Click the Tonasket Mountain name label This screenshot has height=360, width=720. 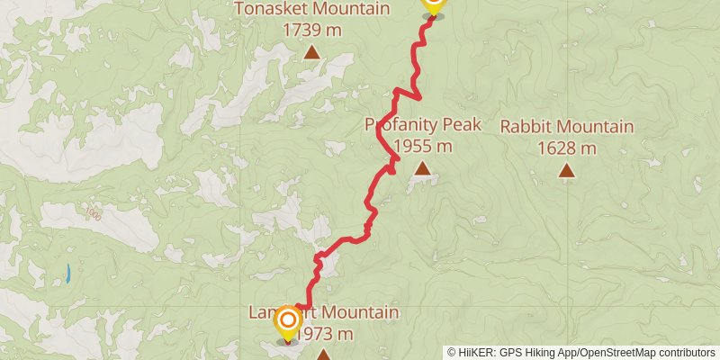tap(311, 9)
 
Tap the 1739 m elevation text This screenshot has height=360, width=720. tap(311, 30)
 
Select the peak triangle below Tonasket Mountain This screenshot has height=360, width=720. tap(311, 52)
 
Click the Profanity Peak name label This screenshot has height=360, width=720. tap(423, 125)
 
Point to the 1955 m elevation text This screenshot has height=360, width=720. tap(423, 146)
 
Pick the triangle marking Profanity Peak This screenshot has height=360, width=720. tap(422, 167)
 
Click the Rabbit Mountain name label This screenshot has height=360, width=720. tap(567, 127)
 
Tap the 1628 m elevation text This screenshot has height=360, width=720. tap(567, 148)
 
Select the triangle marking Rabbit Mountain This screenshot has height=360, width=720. tap(567, 169)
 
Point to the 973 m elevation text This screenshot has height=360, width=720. tap(325, 334)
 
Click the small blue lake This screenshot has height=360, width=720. tap(67, 273)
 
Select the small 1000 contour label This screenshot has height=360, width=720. tap(93, 214)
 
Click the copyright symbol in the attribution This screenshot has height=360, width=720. tap(453, 353)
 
